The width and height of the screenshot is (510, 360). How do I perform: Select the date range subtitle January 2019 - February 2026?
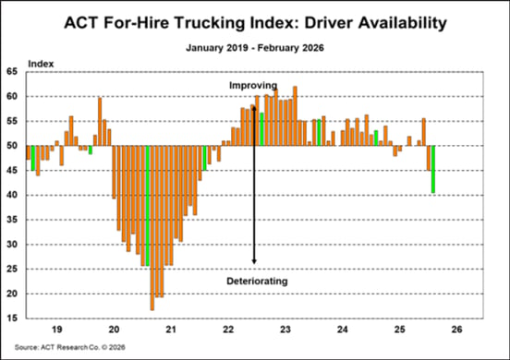click(254, 43)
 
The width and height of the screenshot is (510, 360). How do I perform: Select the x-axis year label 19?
click(55, 330)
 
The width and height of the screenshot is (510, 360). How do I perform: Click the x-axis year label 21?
click(171, 330)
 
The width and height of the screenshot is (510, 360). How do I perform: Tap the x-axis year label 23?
click(285, 330)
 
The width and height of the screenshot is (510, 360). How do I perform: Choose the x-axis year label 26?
click(456, 330)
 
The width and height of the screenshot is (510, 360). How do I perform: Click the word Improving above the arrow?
click(253, 85)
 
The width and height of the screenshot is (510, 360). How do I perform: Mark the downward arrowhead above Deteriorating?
click(254, 267)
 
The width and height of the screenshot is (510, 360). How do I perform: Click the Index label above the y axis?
click(42, 61)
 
